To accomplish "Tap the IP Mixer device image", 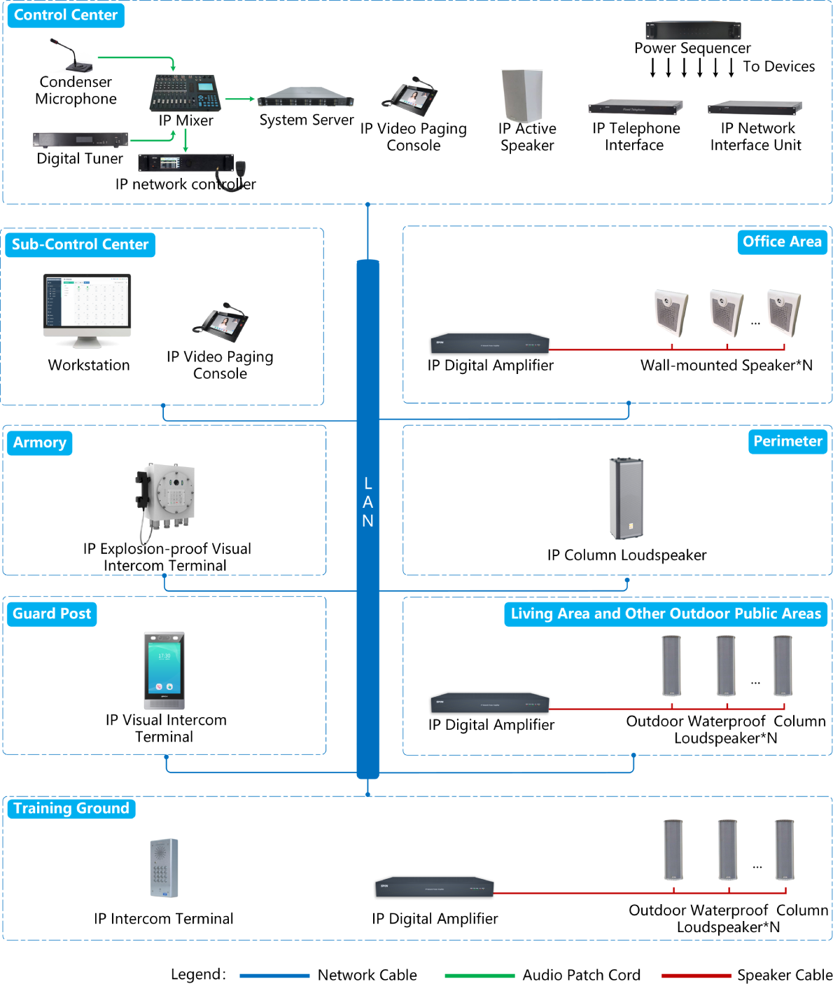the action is tap(185, 92).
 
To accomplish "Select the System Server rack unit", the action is tap(306, 97).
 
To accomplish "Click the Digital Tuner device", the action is tap(80, 139).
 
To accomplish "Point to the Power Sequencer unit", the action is tap(693, 30).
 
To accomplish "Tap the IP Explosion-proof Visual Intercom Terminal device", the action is tap(165, 499).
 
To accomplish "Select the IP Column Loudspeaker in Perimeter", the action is tap(626, 499).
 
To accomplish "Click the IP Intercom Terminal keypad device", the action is tap(164, 868).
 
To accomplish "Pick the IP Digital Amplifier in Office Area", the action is tap(490, 342).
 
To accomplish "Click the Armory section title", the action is tap(40, 443).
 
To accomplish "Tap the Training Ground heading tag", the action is tap(71, 808).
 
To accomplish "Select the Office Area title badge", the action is tap(782, 242).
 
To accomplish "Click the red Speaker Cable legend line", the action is tap(696, 975).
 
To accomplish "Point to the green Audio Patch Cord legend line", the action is tap(479, 975).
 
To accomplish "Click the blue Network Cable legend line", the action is tap(274, 975).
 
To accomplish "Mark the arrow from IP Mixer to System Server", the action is tap(239, 99).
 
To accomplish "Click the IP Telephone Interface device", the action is tap(636, 107).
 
